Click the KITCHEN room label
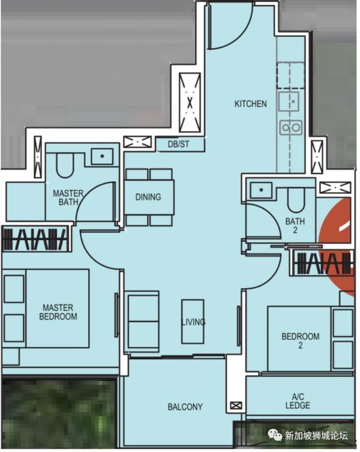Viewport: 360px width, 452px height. tap(250, 104)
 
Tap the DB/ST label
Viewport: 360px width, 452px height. tap(179, 144)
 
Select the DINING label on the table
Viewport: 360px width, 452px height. tap(148, 197)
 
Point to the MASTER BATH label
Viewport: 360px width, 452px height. tap(68, 197)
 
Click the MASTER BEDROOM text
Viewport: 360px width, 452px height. tap(58, 312)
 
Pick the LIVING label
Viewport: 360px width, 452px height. tap(193, 321)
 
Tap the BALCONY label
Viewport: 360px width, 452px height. tap(185, 407)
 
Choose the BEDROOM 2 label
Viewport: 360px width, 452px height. tap(300, 341)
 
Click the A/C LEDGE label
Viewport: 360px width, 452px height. tap(298, 401)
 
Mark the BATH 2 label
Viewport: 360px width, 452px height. tap(295, 225)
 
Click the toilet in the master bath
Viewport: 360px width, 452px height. tap(65, 165)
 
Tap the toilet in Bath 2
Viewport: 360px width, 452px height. tap(296, 200)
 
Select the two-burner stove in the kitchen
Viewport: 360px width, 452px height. tap(291, 127)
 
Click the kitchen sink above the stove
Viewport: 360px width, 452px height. tap(289, 102)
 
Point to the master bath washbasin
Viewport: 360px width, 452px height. tap(102, 157)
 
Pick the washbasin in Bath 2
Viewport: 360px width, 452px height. tap(261, 190)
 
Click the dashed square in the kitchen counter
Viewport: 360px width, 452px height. tap(290, 75)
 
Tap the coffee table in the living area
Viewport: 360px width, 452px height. tap(193, 321)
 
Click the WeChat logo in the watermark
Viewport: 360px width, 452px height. tap(275, 434)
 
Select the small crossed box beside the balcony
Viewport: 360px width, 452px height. tap(236, 406)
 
